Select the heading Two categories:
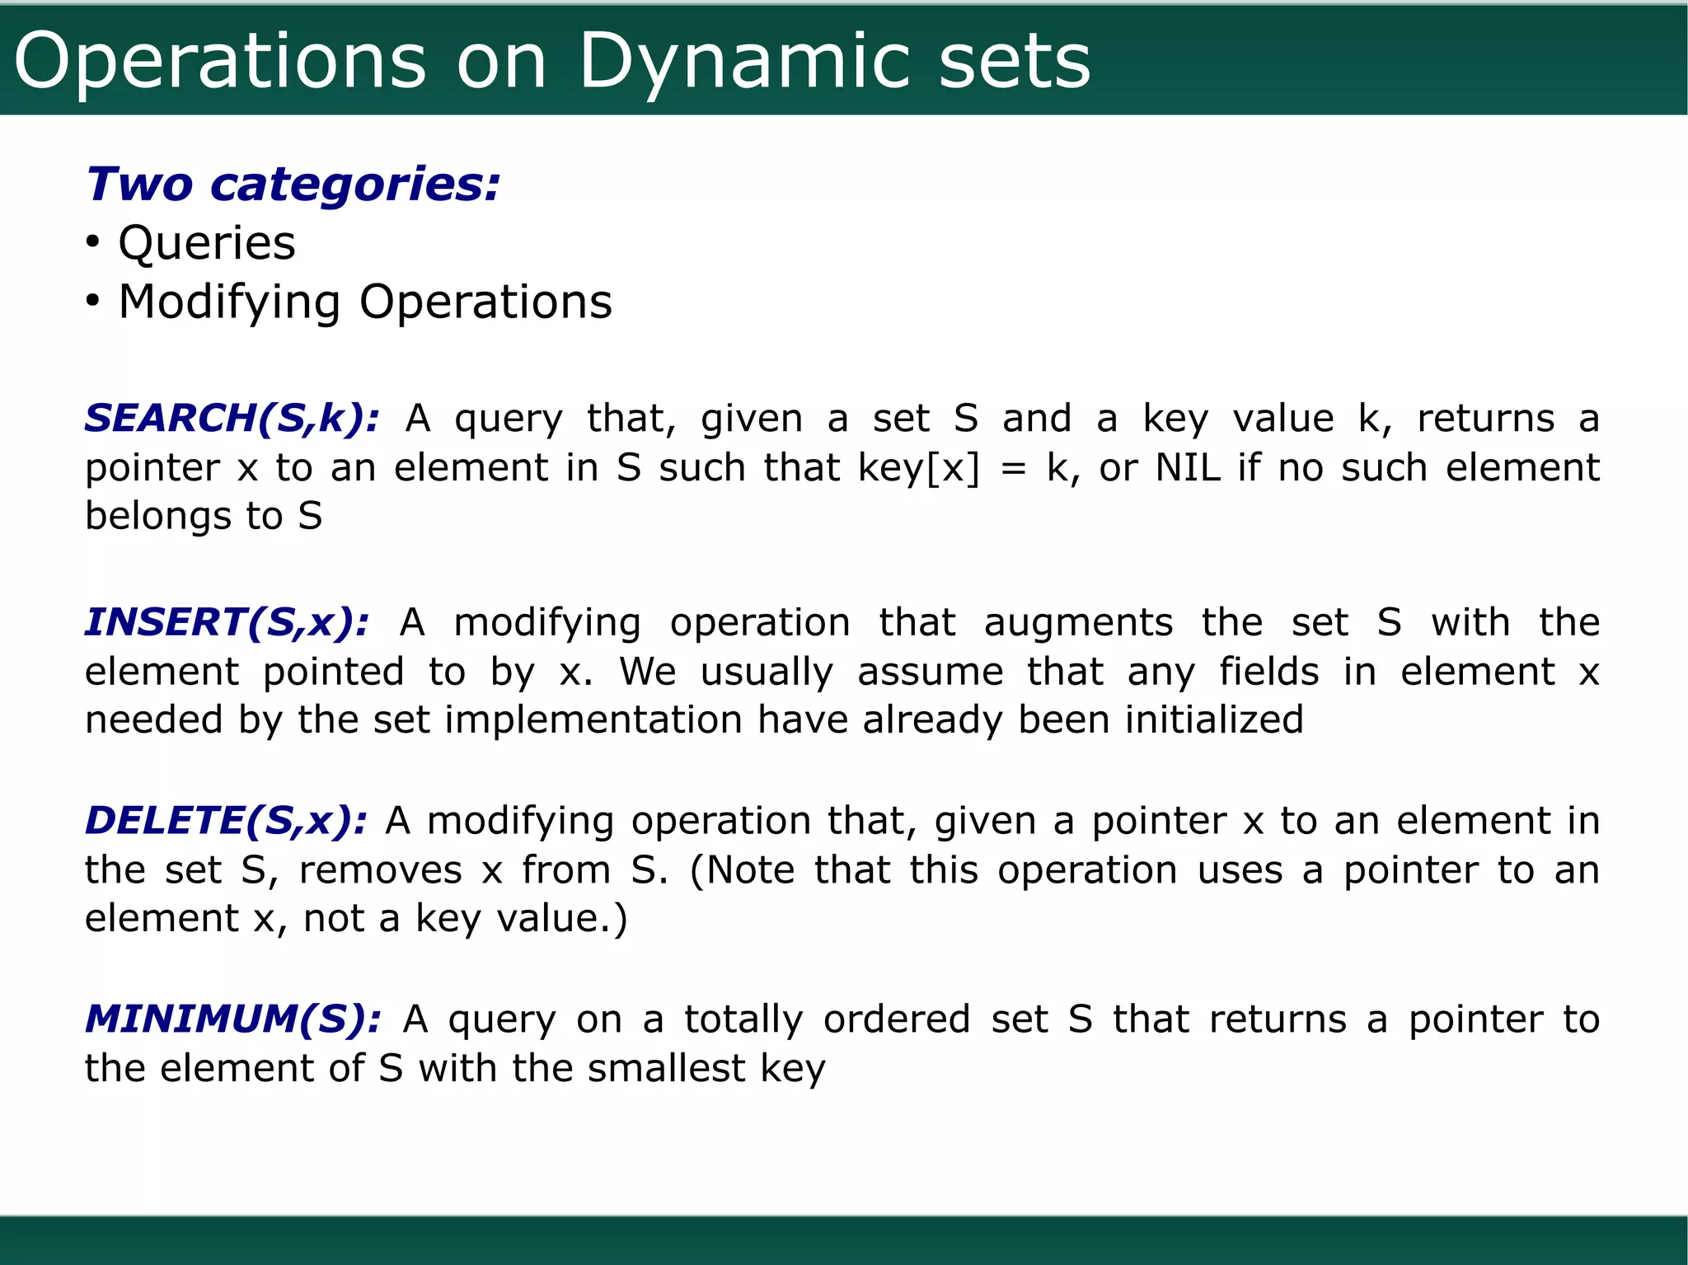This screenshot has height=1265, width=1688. tap(293, 184)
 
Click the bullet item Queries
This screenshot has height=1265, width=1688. tap(206, 243)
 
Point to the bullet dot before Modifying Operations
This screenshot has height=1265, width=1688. tap(93, 302)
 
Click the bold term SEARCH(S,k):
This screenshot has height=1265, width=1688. tap(232, 418)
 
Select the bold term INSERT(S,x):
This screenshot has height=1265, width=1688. tap(227, 622)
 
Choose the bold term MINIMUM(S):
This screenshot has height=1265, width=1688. tap(232, 1019)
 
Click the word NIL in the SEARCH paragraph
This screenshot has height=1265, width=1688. tap(1188, 467)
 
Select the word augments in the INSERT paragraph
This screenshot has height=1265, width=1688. tap(1077, 622)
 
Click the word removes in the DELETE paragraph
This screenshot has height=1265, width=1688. tap(380, 870)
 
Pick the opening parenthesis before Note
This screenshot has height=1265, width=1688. tap(696, 871)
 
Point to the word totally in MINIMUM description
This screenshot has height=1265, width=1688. tap(743, 1019)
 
